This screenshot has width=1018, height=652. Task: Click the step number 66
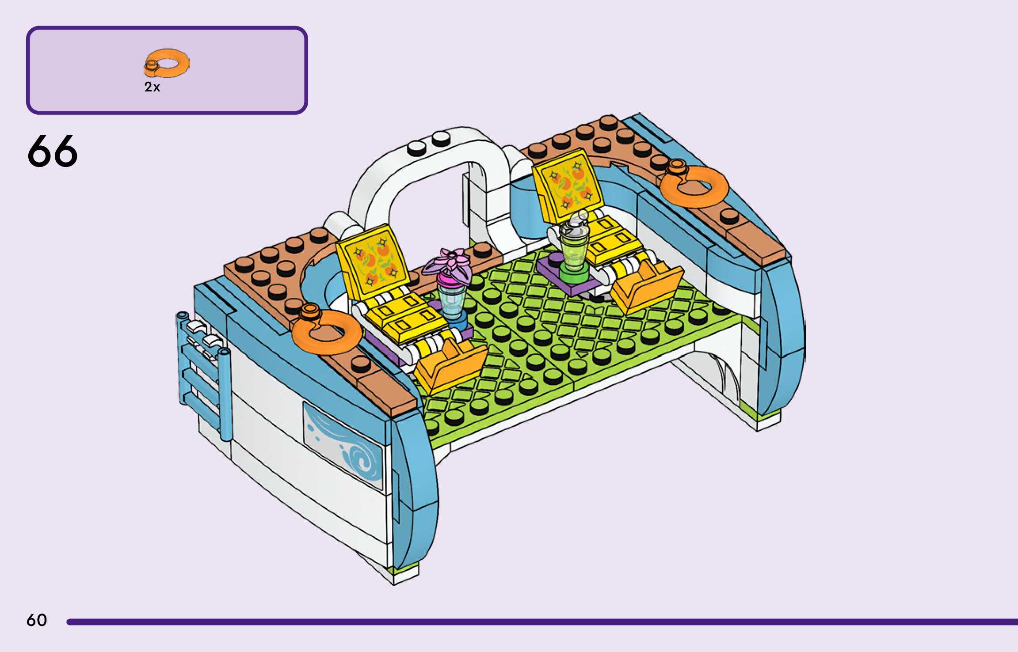point(52,151)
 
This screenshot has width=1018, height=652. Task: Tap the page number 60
point(36,620)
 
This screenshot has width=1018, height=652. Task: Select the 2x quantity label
point(152,87)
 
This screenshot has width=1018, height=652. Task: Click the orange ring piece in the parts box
point(168,63)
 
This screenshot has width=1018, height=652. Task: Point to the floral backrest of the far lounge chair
point(568,186)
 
